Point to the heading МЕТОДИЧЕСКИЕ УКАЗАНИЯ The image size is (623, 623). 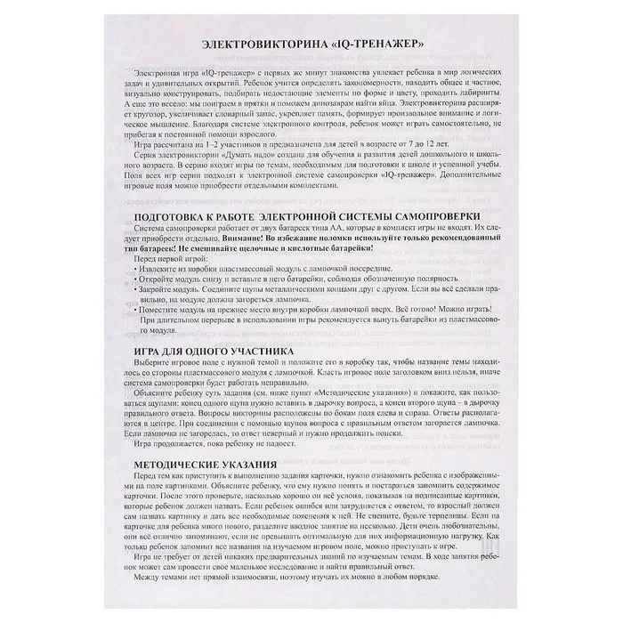click(203, 464)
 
